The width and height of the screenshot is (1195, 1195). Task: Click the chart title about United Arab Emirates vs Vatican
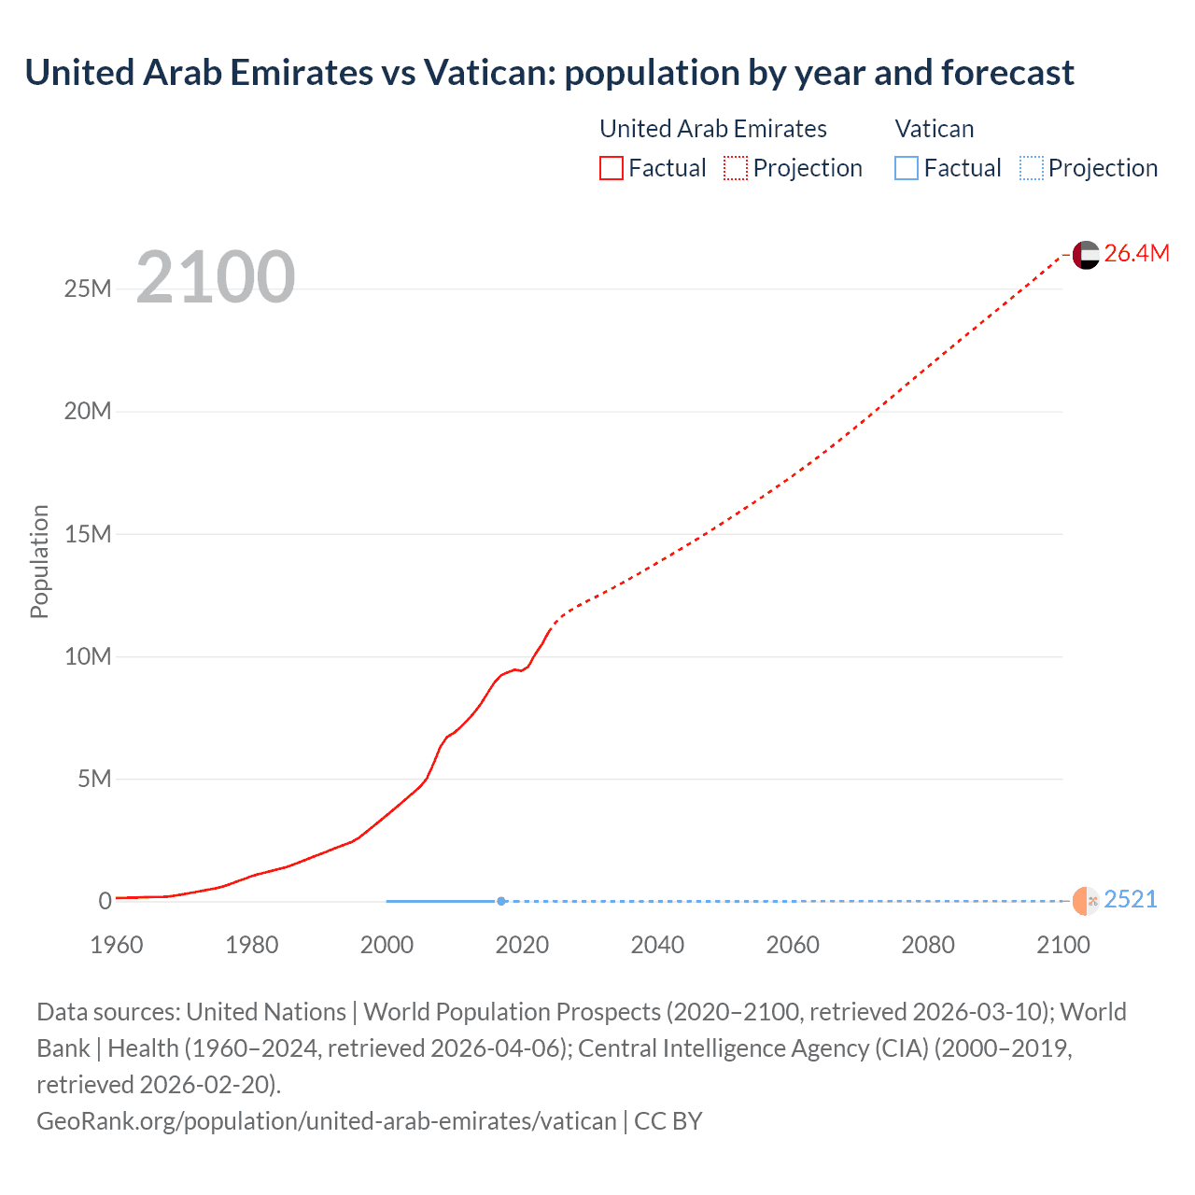click(549, 73)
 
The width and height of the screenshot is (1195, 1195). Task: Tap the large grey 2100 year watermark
click(216, 277)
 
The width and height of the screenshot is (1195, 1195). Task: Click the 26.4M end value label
click(1136, 253)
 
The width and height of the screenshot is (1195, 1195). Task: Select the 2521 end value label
click(1130, 899)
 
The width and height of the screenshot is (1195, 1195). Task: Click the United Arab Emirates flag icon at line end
click(1086, 254)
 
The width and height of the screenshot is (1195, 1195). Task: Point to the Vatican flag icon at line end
click(1086, 901)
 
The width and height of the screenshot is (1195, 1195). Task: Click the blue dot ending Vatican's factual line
click(501, 901)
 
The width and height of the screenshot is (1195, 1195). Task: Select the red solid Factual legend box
click(612, 168)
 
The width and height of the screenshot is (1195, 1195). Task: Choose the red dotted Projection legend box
click(736, 168)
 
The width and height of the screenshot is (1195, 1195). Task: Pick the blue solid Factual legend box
click(907, 168)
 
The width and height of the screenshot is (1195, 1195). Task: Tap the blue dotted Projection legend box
click(1031, 168)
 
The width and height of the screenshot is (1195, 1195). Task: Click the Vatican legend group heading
click(934, 129)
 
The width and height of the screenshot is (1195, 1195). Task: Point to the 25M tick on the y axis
click(88, 288)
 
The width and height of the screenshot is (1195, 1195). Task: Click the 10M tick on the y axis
click(88, 656)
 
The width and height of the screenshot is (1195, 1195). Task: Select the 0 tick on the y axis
click(105, 901)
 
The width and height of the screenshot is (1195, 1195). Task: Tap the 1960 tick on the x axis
click(117, 945)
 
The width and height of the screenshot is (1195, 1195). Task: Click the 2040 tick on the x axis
click(657, 945)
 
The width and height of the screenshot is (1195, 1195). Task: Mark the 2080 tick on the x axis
click(928, 945)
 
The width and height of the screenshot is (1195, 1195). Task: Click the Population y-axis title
click(39, 561)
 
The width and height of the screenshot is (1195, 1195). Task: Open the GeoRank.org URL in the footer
click(326, 1120)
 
